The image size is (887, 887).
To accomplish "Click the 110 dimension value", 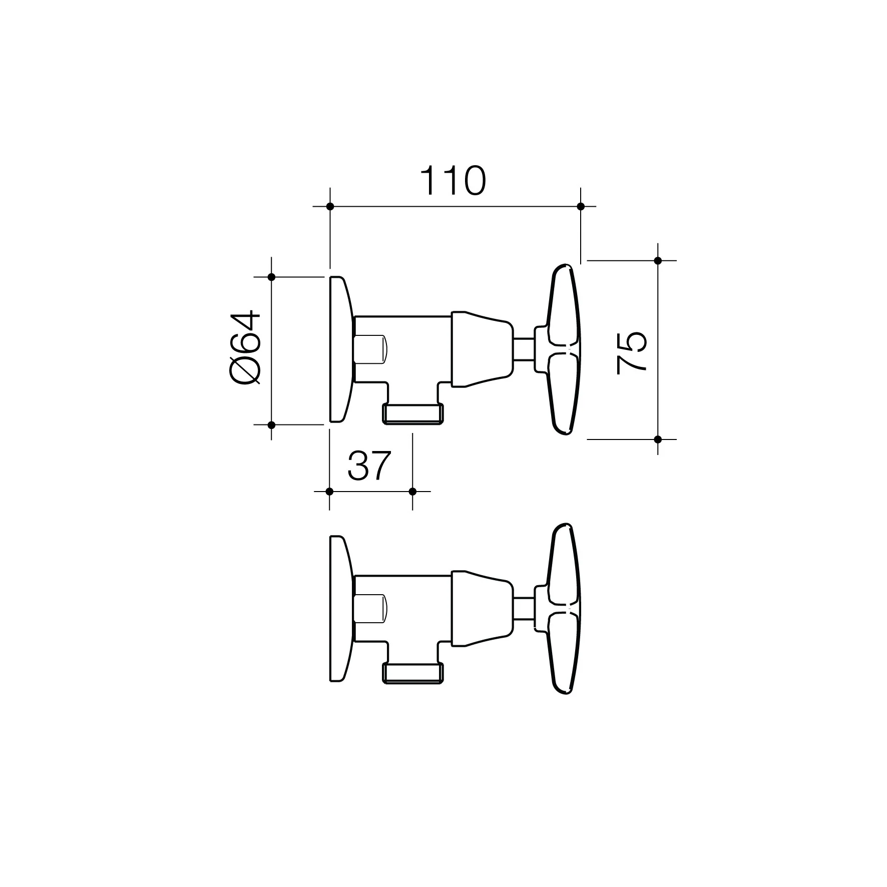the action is click(x=453, y=181).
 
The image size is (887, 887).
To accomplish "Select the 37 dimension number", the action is click(x=368, y=466).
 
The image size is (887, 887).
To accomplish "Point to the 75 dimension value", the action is click(x=632, y=352).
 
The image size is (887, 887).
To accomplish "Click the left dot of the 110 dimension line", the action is click(x=330, y=206).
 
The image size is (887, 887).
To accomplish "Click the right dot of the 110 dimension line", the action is click(x=581, y=206).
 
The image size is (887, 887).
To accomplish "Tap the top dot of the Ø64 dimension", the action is click(x=271, y=277).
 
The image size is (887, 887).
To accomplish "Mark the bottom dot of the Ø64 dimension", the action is click(x=271, y=425).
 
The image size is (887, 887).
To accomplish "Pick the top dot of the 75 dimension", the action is click(x=658, y=261).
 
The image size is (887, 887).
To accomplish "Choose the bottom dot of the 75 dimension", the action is click(x=658, y=439).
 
